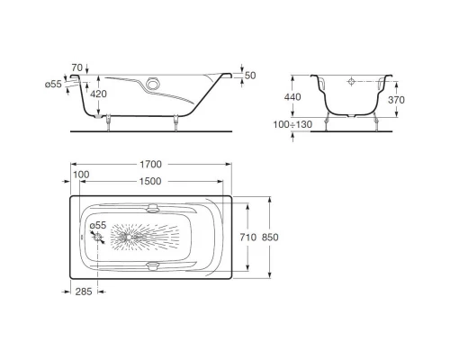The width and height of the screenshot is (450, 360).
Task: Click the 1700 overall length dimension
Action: point(149,166)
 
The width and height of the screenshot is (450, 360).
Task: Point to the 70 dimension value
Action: point(76,67)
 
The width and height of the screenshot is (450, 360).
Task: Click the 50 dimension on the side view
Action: point(250,76)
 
